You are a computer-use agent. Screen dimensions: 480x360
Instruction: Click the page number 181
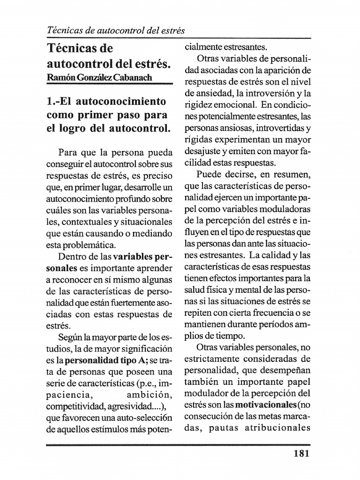coord(300,453)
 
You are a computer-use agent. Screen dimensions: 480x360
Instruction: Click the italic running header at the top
coord(116,30)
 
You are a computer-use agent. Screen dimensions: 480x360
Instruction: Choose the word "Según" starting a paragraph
coord(70,337)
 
